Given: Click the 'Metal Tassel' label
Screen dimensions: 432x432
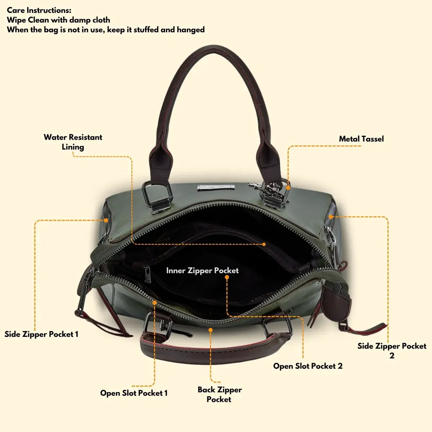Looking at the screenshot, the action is point(361,139).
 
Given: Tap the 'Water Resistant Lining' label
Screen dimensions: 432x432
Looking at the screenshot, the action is point(73,142).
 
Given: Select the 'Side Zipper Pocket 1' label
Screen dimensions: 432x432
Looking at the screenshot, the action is point(41,334).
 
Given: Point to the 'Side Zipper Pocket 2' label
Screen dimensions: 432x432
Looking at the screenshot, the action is point(392,351).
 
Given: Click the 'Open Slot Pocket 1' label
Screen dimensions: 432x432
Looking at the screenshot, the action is point(134,393).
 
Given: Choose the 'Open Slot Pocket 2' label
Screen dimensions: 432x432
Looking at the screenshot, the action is point(308,366).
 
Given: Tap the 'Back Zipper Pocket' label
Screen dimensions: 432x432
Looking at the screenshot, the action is point(220,394).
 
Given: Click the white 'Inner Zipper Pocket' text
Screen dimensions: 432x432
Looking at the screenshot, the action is point(202,271).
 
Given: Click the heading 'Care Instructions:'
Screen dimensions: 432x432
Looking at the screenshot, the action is point(39,10).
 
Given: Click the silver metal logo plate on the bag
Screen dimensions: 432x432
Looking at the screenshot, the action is point(216,188).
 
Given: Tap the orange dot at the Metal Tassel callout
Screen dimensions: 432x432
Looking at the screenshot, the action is point(288,188).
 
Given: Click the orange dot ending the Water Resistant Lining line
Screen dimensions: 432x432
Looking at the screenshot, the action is point(264,244).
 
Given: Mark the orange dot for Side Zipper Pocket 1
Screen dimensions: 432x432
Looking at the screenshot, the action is point(106,220).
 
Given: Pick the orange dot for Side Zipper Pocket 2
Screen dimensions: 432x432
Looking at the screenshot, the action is point(331,217).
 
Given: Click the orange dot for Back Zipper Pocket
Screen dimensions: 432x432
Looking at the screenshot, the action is point(211,330).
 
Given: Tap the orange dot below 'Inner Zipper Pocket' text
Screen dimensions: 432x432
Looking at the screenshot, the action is point(227,277).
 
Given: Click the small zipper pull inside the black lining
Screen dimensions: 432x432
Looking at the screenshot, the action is point(147,274).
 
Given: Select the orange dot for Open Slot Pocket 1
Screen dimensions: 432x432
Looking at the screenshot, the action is point(154,303).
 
